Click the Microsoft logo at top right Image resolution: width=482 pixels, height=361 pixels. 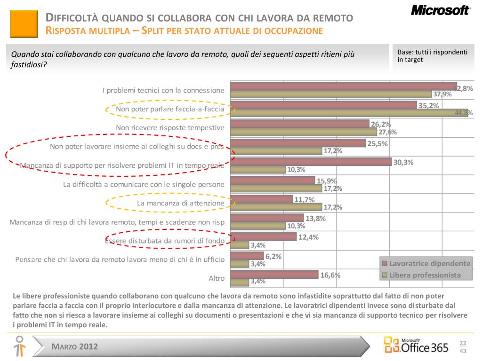[x=440, y=10]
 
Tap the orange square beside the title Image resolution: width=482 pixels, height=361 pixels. [x=24, y=24]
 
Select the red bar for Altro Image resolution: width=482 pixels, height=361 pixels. [x=275, y=275]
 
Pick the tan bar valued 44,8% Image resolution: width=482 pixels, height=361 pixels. [x=351, y=113]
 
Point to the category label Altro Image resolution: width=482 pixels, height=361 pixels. [x=217, y=278]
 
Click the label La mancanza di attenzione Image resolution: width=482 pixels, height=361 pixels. [x=180, y=203]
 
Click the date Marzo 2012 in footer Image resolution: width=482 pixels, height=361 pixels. [x=75, y=347]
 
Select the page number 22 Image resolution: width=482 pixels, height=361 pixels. [x=463, y=343]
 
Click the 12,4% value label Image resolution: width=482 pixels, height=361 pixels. [x=308, y=237]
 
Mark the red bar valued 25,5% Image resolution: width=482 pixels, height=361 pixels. [x=299, y=143]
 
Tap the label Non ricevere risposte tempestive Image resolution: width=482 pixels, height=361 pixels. [x=170, y=128]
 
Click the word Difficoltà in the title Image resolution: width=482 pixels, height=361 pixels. [x=72, y=18]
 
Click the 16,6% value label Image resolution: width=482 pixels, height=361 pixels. [x=330, y=275]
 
